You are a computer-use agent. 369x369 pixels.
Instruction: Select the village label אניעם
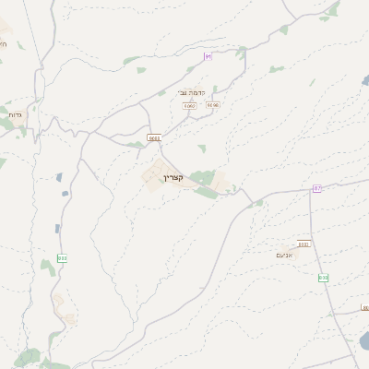285,255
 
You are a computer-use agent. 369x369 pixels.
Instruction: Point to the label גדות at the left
14,114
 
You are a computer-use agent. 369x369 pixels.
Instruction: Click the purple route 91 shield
208,56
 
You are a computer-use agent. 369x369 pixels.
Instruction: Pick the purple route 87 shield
317,189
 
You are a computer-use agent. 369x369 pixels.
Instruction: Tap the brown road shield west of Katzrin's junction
153,138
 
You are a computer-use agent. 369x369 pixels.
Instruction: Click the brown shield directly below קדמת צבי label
190,106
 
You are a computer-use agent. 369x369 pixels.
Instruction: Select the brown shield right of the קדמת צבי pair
213,105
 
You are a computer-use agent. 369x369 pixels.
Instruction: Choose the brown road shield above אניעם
303,244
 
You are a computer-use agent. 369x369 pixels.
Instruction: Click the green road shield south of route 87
323,278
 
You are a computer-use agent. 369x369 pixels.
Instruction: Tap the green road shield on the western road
62,258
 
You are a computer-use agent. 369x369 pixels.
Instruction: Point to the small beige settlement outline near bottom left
60,304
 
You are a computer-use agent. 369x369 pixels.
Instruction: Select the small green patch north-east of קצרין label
202,148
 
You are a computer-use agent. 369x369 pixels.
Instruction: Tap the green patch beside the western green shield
47,267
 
